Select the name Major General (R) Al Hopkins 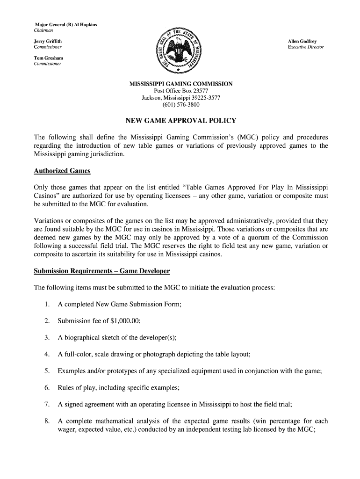click(x=66, y=24)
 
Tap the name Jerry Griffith click(x=48, y=42)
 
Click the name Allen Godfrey click(x=302, y=42)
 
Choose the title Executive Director click(x=306, y=47)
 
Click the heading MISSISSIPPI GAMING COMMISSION click(x=181, y=84)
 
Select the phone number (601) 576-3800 click(x=181, y=105)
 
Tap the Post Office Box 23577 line click(x=181, y=91)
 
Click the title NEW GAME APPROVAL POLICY click(x=181, y=121)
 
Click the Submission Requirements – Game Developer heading click(x=102, y=271)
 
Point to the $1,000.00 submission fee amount click(x=124, y=321)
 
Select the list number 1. click(x=47, y=305)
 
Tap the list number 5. click(x=47, y=371)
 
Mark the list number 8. click(x=47, y=421)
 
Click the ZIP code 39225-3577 click(x=202, y=98)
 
